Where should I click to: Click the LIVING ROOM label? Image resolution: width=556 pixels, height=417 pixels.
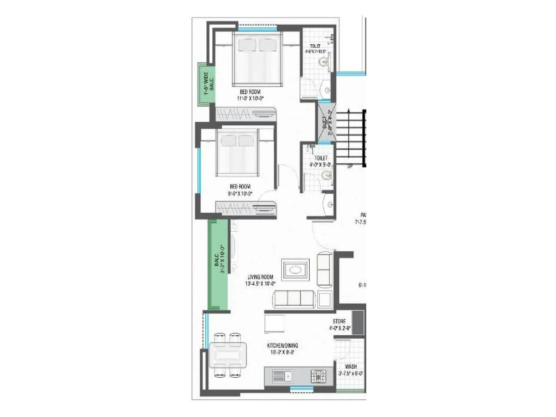(260, 277)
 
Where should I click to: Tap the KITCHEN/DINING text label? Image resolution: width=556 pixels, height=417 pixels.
(282, 345)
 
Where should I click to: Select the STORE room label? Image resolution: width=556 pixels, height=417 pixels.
(339, 321)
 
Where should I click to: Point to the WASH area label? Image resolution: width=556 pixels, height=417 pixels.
(351, 367)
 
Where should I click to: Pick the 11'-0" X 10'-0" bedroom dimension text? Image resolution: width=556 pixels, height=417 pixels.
(250, 98)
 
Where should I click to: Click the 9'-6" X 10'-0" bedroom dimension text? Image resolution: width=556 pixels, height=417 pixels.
(240, 194)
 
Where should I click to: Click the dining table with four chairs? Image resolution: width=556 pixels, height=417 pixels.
(228, 355)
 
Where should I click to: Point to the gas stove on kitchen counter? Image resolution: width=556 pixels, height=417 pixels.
(318, 376)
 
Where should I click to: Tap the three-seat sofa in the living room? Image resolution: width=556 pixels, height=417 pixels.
(295, 299)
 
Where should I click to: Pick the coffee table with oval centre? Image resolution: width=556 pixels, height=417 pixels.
(295, 270)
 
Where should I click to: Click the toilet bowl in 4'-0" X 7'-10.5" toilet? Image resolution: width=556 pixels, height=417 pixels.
(324, 63)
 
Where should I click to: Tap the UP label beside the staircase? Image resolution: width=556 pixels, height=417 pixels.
(350, 166)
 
